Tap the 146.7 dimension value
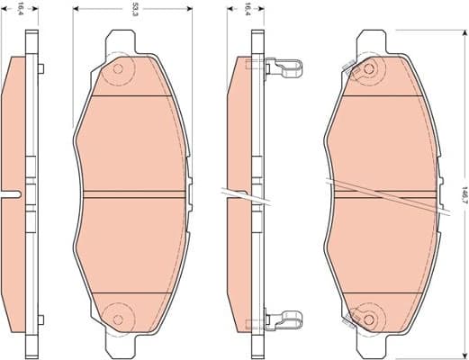463,193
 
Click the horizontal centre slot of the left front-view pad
135,194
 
